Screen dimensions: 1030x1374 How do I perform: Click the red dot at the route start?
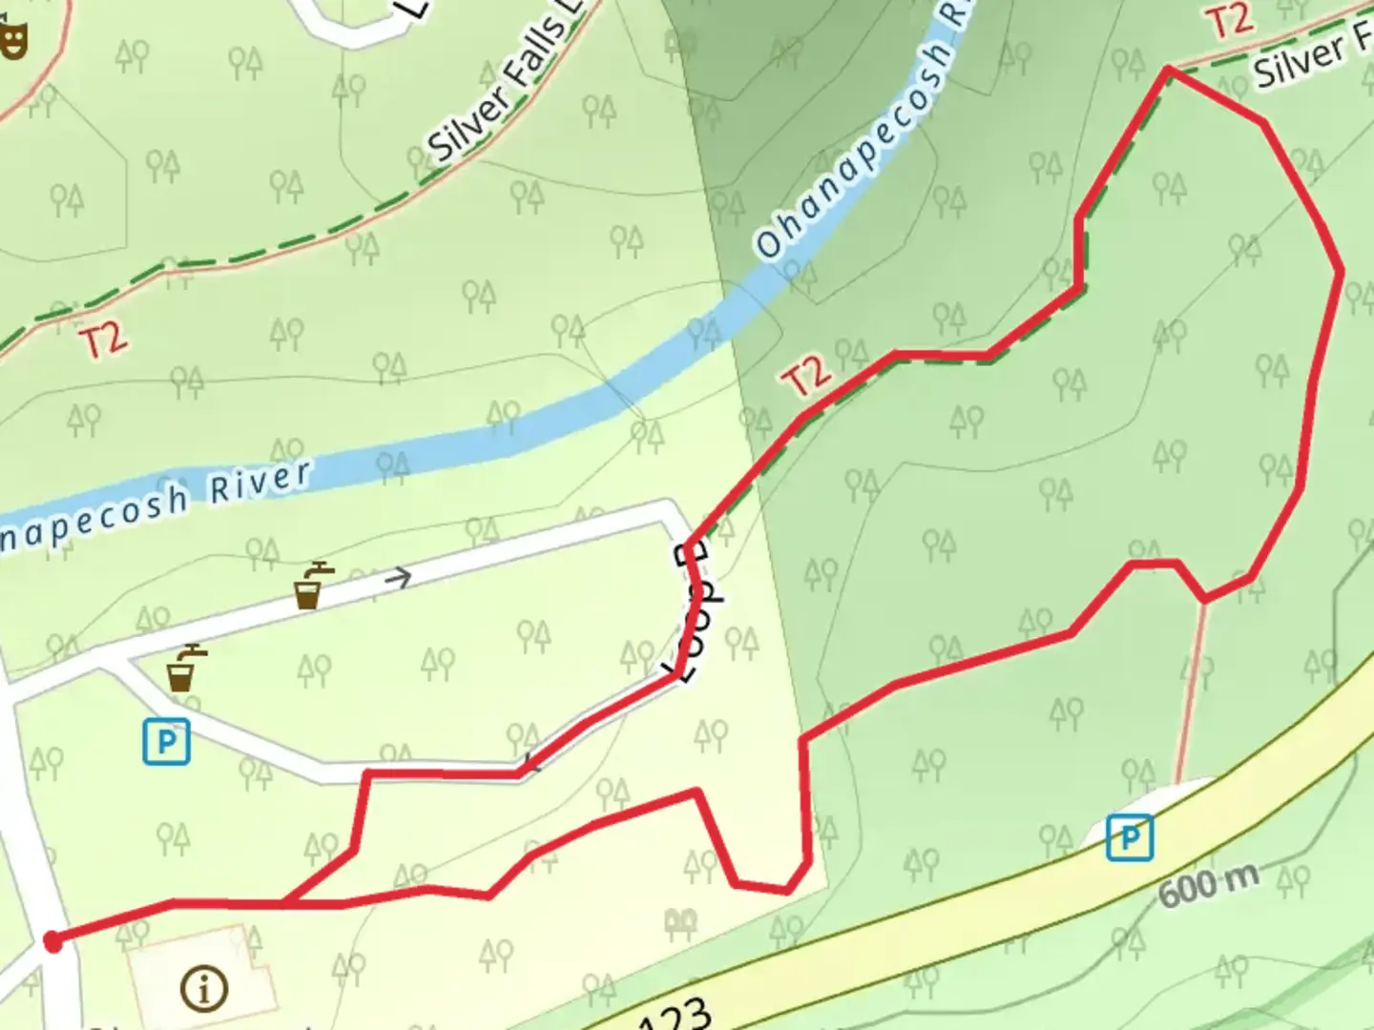click(x=53, y=942)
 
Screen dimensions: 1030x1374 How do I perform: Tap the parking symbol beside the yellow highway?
click(x=1130, y=837)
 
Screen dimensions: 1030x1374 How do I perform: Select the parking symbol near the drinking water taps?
click(x=167, y=741)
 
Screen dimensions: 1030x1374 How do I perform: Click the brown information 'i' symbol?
click(x=203, y=989)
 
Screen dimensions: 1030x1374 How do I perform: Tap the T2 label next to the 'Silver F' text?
click(x=1231, y=21)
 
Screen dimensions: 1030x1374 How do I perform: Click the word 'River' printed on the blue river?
click(x=260, y=482)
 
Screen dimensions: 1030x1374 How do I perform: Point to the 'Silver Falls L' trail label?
click(x=500, y=91)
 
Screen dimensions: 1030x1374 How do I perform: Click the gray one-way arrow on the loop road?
click(x=399, y=577)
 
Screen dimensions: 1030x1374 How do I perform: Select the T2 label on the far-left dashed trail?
click(x=102, y=340)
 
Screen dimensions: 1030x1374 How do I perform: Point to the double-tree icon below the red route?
click(x=680, y=922)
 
